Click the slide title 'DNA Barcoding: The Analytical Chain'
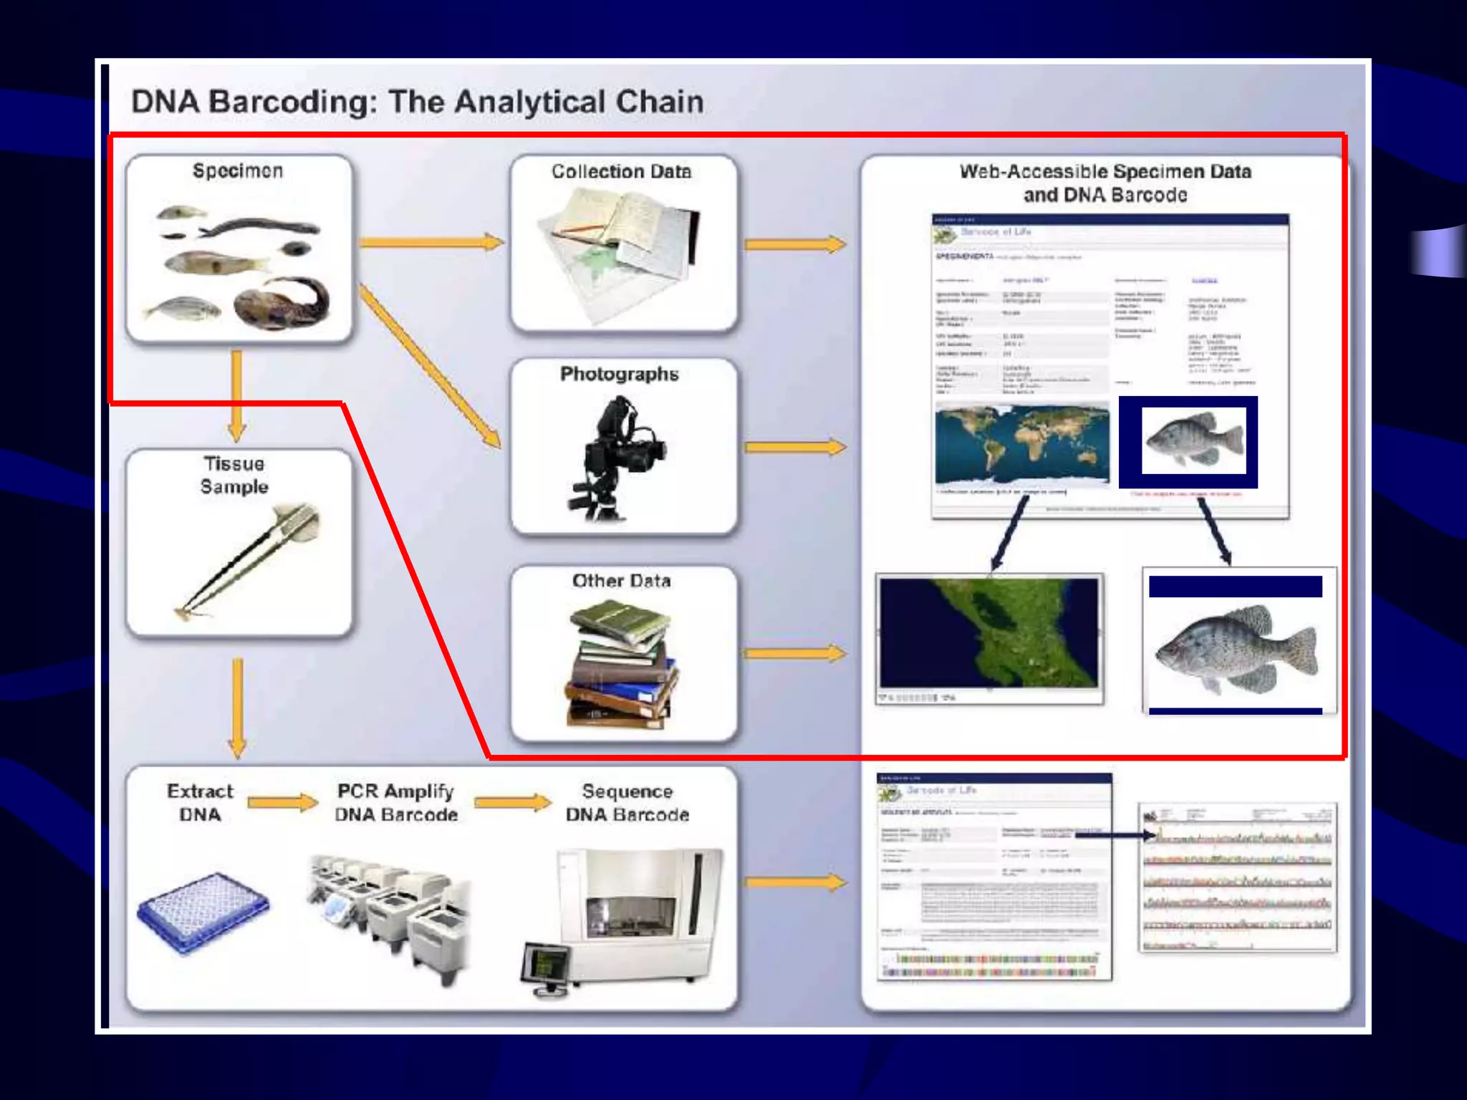(417, 102)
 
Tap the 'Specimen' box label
(238, 171)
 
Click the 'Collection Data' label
(621, 172)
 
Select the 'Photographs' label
(619, 374)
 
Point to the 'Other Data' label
(621, 581)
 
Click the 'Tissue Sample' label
(234, 475)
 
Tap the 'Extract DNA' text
(200, 802)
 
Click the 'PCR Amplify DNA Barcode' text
(395, 802)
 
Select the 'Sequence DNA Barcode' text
(627, 802)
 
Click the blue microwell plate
(203, 911)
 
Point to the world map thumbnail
(1021, 444)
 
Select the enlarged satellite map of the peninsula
(989, 634)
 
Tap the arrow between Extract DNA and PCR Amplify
(282, 802)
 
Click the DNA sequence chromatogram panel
(1237, 877)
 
